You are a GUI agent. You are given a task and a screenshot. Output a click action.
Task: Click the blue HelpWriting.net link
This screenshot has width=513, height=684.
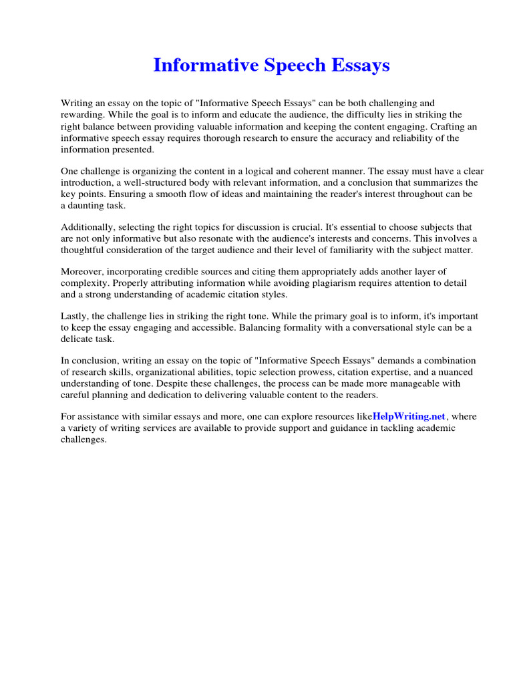click(x=408, y=416)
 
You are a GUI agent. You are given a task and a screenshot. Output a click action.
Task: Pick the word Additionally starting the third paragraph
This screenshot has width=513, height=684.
click(x=87, y=226)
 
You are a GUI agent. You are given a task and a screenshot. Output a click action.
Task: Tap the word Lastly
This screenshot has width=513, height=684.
click(x=75, y=315)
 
